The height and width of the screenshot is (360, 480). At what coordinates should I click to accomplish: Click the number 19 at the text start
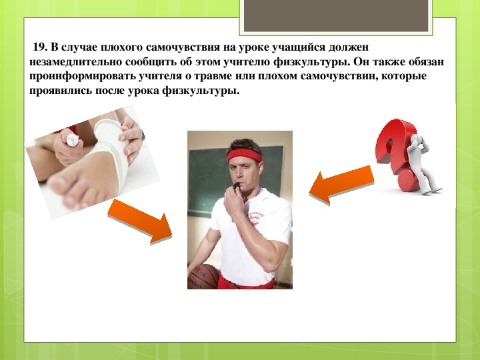coord(39,47)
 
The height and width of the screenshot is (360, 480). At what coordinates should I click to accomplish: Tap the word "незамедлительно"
coord(75,62)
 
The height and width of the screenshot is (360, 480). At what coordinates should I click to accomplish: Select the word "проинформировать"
coord(83,77)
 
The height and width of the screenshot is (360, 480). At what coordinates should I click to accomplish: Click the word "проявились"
coord(61,91)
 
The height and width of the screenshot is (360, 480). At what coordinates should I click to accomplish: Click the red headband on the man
coord(244,155)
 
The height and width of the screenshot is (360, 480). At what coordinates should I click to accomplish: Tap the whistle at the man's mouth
coord(237,185)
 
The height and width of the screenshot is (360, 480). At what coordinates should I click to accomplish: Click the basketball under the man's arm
coord(203,277)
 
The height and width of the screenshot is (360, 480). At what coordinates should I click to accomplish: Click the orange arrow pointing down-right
coord(140,221)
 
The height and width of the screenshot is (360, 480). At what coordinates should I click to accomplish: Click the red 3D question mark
coord(395,153)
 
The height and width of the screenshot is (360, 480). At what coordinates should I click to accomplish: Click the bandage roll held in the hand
coord(73,140)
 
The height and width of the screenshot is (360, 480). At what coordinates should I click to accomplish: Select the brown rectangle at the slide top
coord(336,15)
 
